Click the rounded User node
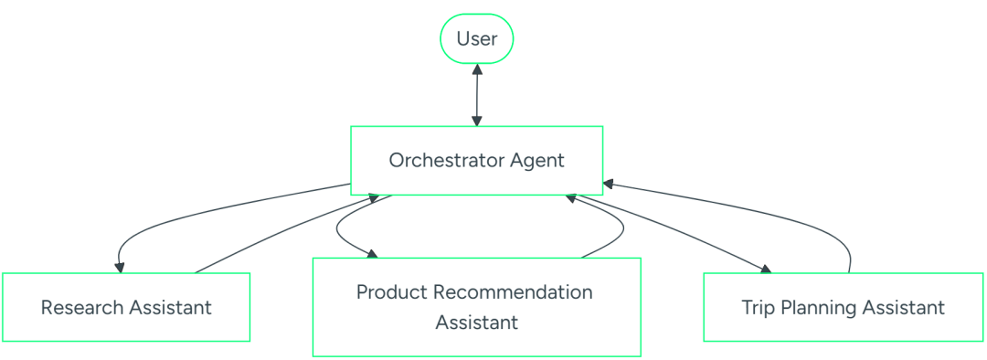[x=476, y=38]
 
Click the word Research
[x=82, y=308]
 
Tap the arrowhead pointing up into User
[x=477, y=69]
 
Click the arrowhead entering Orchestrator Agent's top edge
[x=476, y=121]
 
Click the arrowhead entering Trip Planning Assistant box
[x=766, y=269]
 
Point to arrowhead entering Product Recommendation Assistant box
[x=372, y=254]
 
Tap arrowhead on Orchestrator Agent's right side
[x=609, y=184]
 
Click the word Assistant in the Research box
[x=171, y=308]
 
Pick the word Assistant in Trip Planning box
[x=904, y=309]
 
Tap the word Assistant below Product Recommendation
[x=476, y=323]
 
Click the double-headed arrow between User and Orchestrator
[x=476, y=95]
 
